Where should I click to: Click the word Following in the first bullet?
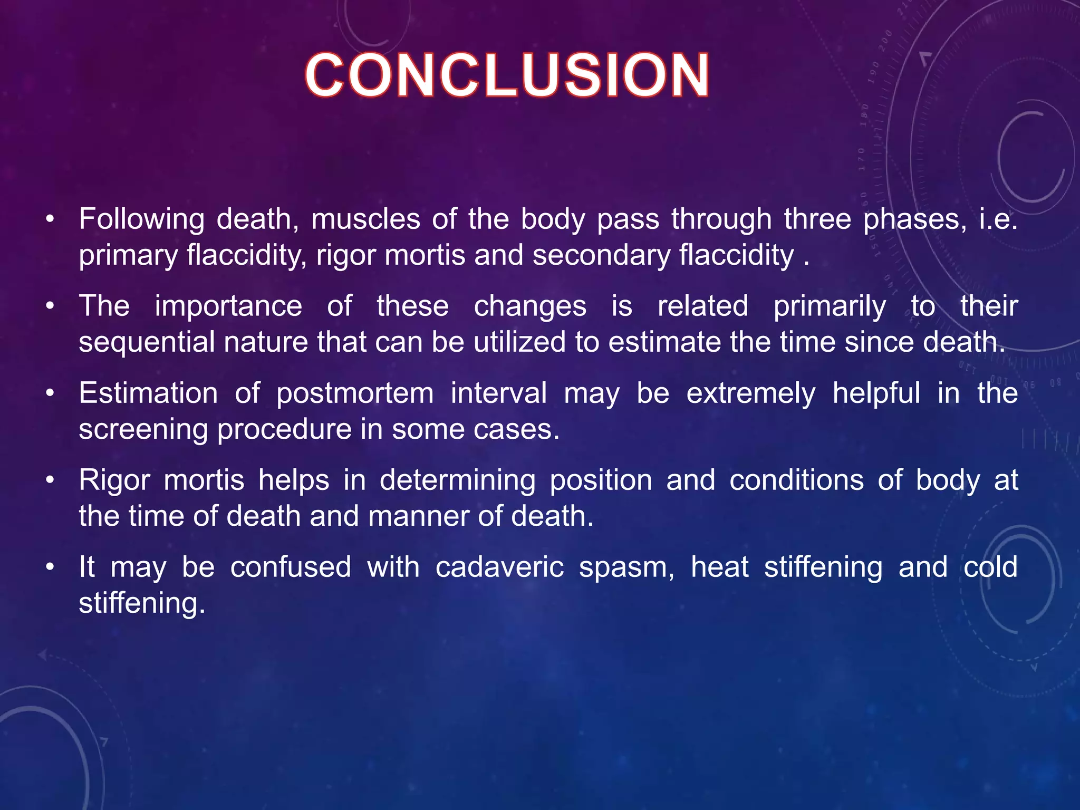click(141, 219)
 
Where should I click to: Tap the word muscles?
click(365, 219)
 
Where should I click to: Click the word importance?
click(228, 306)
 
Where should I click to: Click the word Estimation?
click(148, 393)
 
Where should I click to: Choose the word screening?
click(143, 430)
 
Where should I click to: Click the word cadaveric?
click(499, 567)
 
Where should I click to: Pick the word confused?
click(291, 567)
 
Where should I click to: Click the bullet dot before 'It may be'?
click(50, 567)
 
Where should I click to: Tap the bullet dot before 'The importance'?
click(50, 306)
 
